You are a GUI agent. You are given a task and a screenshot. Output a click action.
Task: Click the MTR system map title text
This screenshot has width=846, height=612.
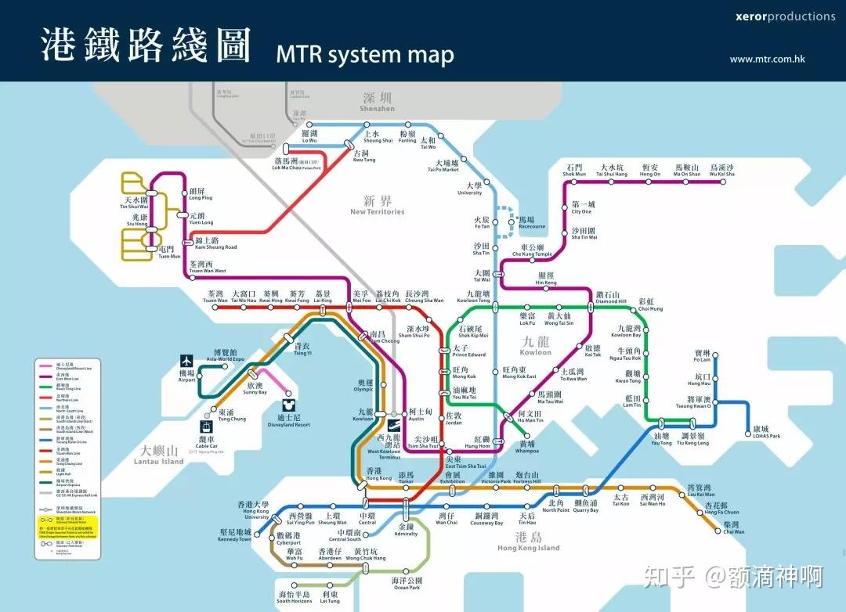364,55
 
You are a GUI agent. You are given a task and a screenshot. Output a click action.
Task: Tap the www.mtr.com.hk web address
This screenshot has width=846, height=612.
767,59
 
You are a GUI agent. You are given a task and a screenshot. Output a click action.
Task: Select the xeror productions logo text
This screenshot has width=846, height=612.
774,16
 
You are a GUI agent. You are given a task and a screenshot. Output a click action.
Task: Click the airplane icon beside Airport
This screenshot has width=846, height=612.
186,361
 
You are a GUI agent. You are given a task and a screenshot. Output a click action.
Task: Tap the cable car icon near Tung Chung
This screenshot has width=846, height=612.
206,427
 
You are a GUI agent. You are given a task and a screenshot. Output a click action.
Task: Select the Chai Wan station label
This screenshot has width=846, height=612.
734,527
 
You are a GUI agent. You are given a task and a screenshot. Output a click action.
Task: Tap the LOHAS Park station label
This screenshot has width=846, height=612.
761,432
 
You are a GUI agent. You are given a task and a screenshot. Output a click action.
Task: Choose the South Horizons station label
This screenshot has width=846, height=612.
295,597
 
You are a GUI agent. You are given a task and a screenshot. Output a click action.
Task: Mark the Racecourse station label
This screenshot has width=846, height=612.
530,223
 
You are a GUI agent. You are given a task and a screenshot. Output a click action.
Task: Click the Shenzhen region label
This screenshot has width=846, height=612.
378,103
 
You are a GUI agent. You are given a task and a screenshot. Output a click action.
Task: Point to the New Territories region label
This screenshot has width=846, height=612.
378,206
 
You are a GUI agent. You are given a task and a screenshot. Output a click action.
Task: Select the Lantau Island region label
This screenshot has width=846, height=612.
161,455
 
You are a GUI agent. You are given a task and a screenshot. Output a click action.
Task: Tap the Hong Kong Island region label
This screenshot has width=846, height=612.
529,542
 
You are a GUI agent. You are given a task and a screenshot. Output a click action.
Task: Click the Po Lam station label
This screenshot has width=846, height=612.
701,356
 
